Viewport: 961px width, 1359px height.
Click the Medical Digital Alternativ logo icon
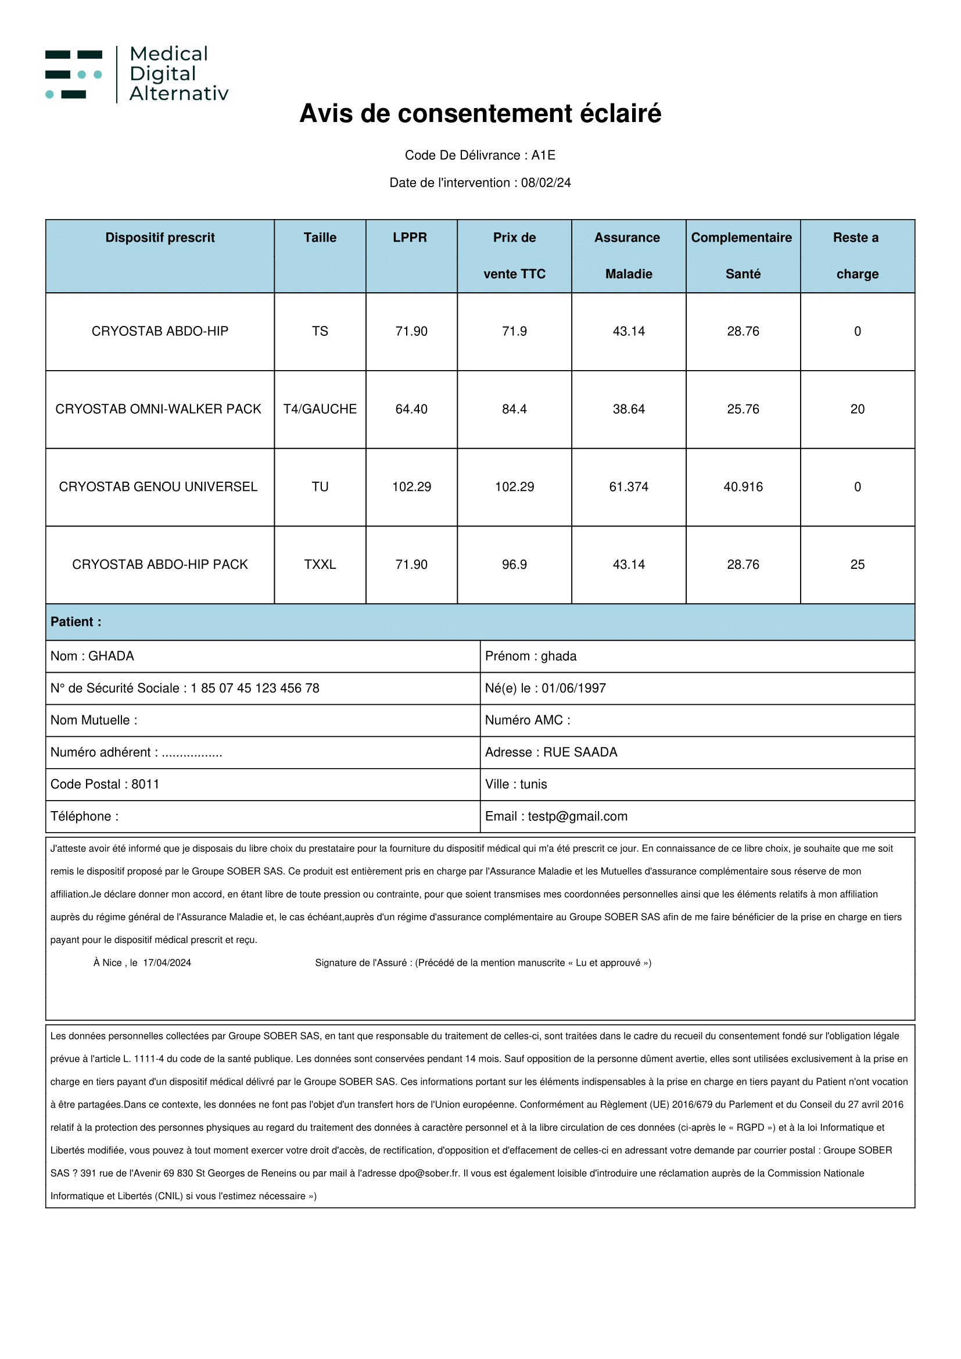[74, 74]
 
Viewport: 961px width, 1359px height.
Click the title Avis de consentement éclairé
[480, 114]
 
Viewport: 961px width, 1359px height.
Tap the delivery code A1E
[543, 155]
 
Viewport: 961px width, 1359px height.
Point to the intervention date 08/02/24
[546, 182]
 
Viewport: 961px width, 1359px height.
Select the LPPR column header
[410, 238]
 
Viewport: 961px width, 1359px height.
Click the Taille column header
[320, 238]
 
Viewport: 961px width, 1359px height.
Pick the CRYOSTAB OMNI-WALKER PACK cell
[158, 409]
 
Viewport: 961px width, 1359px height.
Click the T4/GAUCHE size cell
[320, 409]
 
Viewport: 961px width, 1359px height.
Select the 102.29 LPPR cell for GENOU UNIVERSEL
[411, 486]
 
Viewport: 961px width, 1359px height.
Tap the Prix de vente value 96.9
[514, 564]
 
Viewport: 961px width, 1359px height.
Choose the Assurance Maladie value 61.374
[629, 486]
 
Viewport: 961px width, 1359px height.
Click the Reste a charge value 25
[857, 564]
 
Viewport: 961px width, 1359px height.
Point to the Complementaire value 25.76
[743, 409]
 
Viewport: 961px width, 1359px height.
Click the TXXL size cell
[320, 564]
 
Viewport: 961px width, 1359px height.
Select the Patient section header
[76, 622]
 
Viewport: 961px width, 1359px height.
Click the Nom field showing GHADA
[110, 656]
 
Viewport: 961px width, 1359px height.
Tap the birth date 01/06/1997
[573, 688]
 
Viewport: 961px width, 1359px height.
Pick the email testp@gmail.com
[577, 816]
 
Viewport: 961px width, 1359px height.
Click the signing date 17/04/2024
[167, 962]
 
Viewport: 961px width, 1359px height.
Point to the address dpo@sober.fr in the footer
[428, 1173]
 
